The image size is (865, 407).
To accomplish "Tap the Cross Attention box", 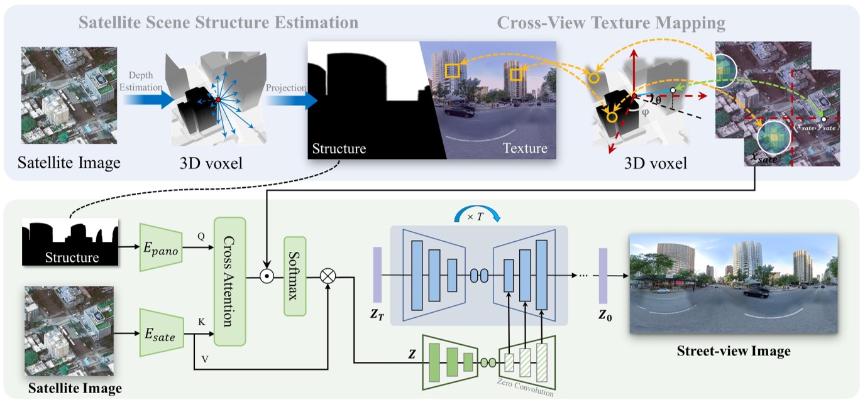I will (x=228, y=281).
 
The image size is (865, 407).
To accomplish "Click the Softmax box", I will (x=295, y=275).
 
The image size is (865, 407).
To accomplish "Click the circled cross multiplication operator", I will (x=328, y=275).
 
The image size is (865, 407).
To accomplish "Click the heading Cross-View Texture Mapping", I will (x=611, y=24).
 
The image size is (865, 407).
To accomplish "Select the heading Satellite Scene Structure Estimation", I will (x=219, y=23).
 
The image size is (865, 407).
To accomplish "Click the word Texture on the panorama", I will (x=524, y=148).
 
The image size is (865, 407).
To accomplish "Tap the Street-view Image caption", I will (x=733, y=351).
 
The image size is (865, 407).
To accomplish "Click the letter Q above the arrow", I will (x=202, y=237).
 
